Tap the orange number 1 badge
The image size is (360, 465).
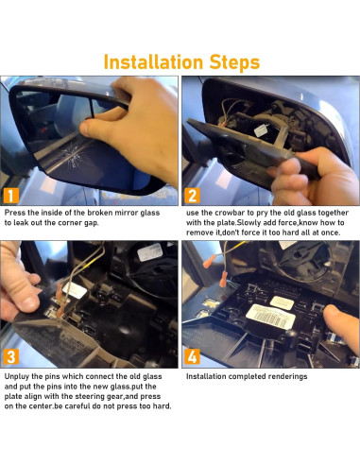click(12, 197)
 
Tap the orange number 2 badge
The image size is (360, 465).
click(192, 197)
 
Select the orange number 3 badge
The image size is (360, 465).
click(12, 357)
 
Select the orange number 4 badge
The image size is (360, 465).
click(192, 357)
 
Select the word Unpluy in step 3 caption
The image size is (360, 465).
click(20, 376)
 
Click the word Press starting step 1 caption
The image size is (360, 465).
click(16, 214)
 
